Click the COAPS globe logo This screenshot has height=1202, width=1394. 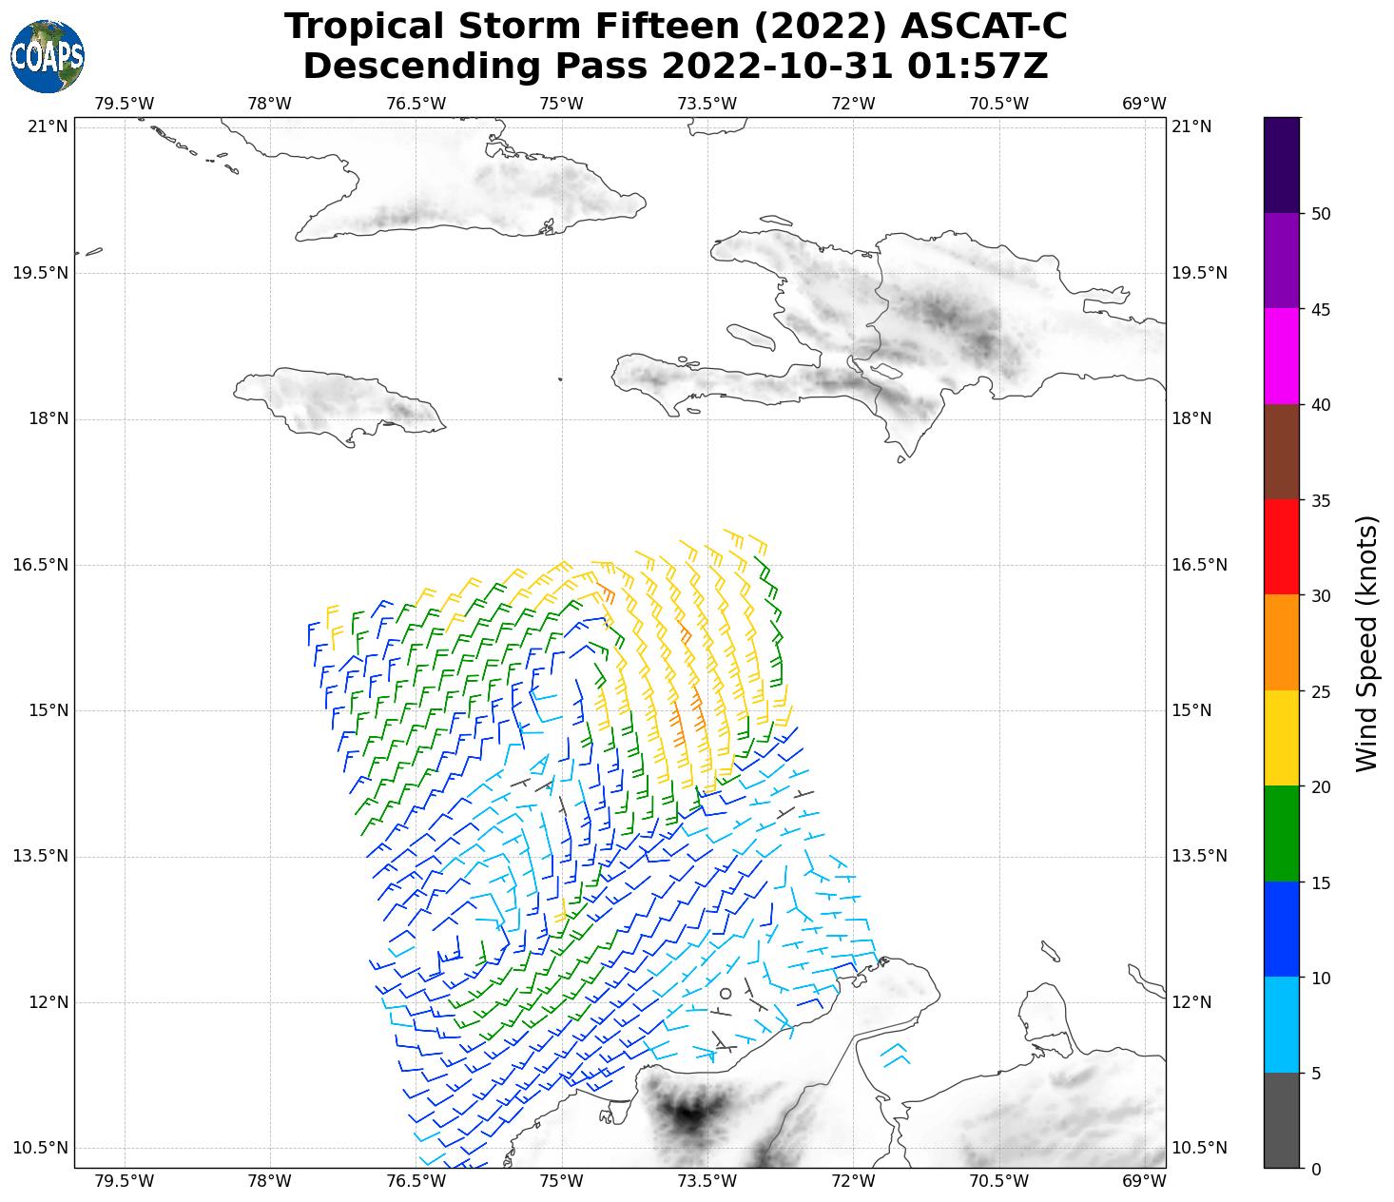click(48, 57)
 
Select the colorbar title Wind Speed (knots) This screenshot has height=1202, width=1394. click(1366, 643)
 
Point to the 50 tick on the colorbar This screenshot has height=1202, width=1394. click(1320, 214)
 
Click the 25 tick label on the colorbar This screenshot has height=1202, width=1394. click(1320, 691)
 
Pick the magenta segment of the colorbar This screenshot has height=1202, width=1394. click(1282, 357)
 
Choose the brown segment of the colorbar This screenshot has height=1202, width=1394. click(1282, 452)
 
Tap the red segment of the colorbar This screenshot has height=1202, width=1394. click(1282, 547)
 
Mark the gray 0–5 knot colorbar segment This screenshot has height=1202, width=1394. click(1282, 1120)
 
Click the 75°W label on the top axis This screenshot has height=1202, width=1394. click(561, 103)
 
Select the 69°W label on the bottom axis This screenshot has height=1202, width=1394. click(1144, 1181)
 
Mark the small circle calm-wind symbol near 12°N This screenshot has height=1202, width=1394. click(726, 993)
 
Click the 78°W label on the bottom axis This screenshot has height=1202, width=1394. click(269, 1181)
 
